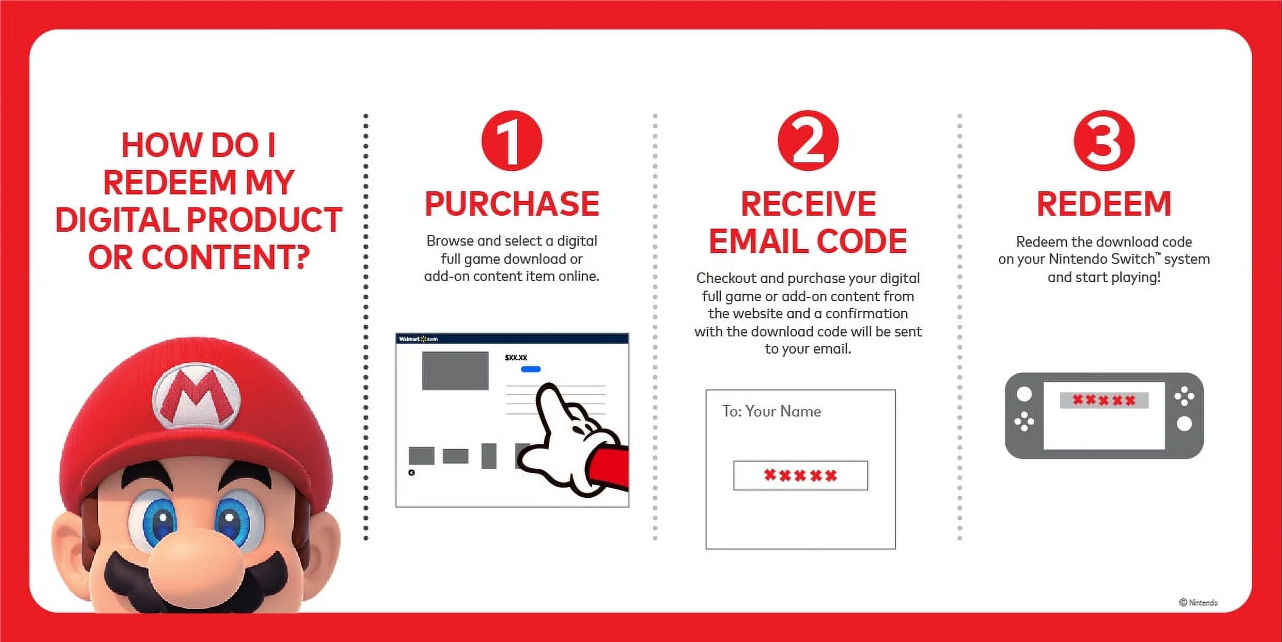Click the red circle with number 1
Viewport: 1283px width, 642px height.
tap(512, 141)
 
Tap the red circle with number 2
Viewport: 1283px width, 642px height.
tap(808, 141)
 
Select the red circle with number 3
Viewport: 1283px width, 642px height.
tap(1104, 141)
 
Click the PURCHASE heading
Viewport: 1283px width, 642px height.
tap(512, 203)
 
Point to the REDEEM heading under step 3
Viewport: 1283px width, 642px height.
tap(1104, 203)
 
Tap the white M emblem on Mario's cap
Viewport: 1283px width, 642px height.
tap(197, 396)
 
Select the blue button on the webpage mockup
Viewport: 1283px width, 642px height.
tap(530, 369)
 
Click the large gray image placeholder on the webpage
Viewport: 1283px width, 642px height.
tap(455, 371)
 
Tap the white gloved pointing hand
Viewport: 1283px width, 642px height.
tap(566, 438)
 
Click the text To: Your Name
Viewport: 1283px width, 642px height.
tap(771, 411)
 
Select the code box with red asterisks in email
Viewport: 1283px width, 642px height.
tap(800, 475)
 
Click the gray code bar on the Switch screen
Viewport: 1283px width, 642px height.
tap(1104, 400)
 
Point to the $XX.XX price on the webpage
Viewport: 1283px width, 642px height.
tap(516, 357)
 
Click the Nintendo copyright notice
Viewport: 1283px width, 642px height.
tap(1198, 602)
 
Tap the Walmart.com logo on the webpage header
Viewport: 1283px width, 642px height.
tap(418, 339)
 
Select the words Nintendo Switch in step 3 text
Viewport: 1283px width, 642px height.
tap(1101, 259)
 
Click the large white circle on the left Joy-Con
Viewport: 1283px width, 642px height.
tap(1024, 394)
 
